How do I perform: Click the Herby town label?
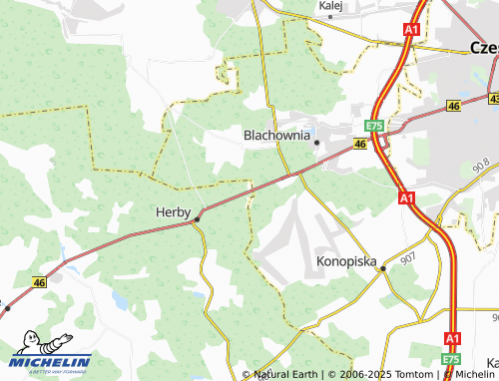point(173,211)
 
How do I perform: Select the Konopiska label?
point(346,261)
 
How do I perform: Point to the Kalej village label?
point(330,5)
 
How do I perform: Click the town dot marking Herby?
point(198,218)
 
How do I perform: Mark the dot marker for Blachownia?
point(317,143)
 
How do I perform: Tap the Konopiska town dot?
point(383,269)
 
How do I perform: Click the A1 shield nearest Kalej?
point(411,31)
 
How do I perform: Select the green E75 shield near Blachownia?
point(374,126)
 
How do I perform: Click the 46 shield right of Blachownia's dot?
point(359,146)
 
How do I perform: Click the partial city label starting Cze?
point(484,47)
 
